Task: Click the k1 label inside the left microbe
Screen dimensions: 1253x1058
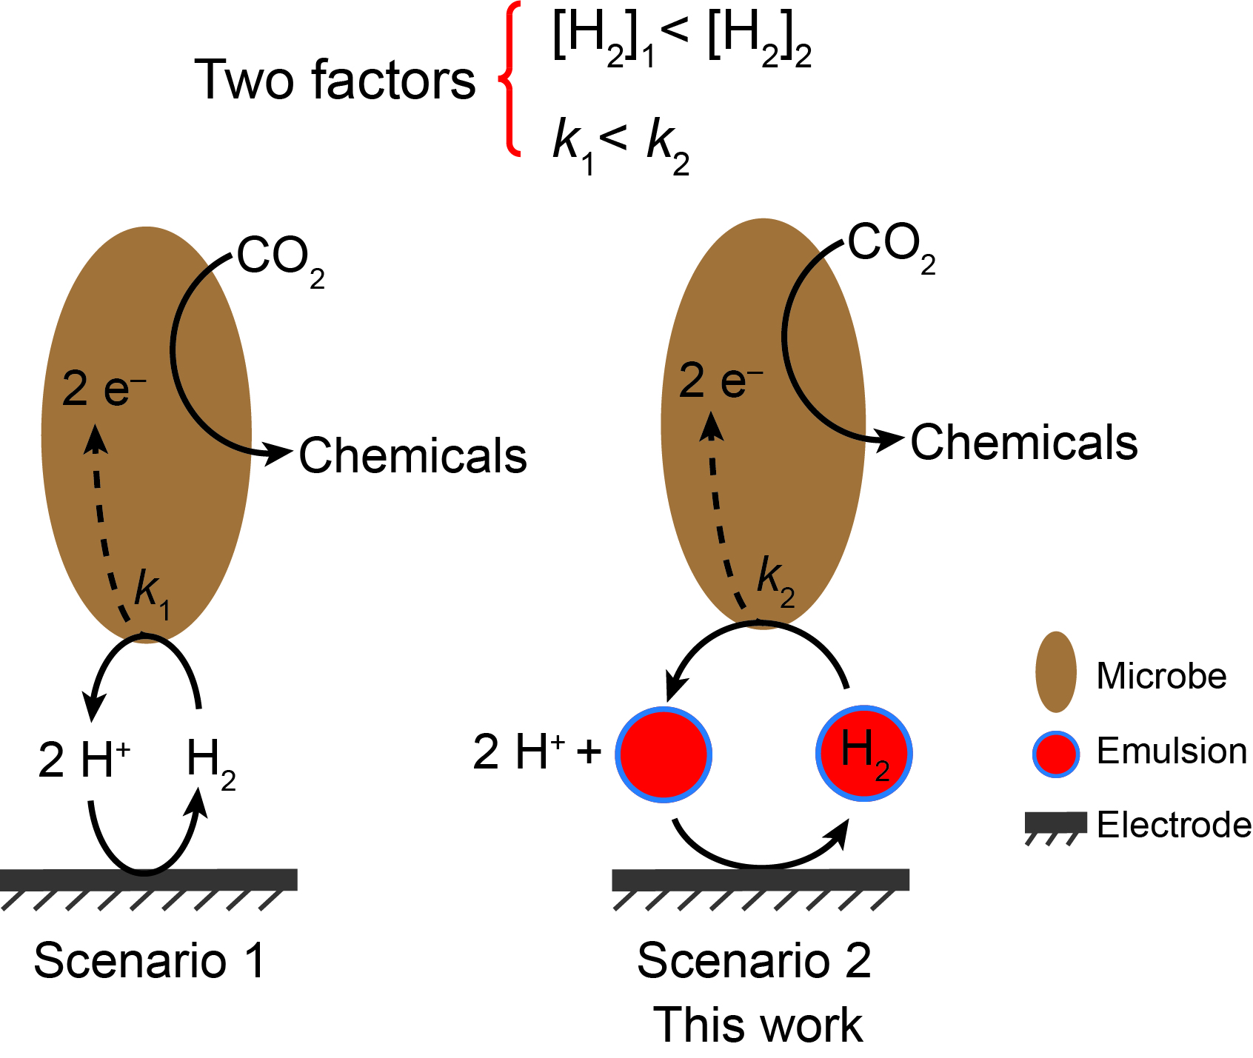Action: [x=152, y=595]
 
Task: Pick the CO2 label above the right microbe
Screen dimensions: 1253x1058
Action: [x=892, y=249]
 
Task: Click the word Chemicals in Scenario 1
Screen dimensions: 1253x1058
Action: [x=412, y=455]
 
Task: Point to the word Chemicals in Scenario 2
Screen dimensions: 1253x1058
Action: [x=1024, y=442]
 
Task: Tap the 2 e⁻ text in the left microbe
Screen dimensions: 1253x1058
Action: [x=104, y=388]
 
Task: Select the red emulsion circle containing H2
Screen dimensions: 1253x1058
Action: [x=864, y=754]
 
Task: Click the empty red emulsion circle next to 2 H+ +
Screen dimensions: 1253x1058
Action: [x=664, y=754]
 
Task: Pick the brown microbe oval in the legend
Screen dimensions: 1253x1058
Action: [x=1055, y=672]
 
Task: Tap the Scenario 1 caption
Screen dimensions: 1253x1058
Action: [x=150, y=961]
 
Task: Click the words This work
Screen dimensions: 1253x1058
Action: [x=758, y=1025]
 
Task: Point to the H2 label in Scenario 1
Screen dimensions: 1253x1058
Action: [x=211, y=763]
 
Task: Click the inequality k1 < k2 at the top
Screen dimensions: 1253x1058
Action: [x=621, y=146]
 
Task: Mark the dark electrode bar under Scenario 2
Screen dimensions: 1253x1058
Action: [x=761, y=880]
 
